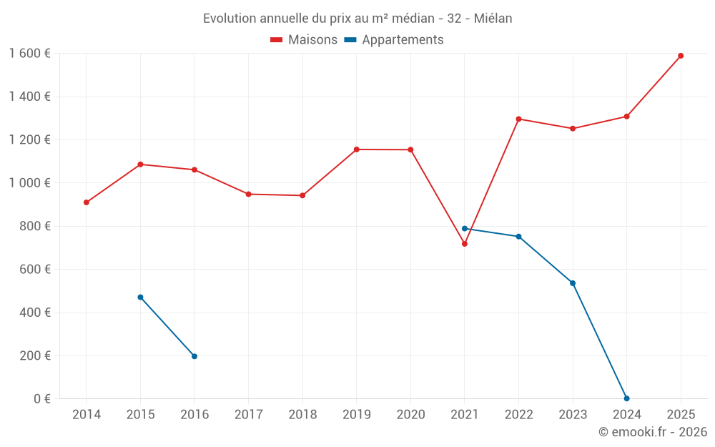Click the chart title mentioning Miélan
(x=357, y=19)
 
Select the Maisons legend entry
(x=304, y=40)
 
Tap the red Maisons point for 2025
(x=681, y=56)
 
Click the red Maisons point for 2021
(x=465, y=244)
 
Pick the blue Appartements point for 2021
(x=465, y=229)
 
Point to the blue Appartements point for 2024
(x=627, y=398)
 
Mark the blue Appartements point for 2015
(x=140, y=298)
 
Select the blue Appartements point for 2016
(x=194, y=356)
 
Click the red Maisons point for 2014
(x=87, y=202)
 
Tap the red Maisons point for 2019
(x=357, y=149)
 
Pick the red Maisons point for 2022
(x=518, y=119)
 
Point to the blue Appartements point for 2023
(x=573, y=283)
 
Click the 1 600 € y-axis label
(x=29, y=54)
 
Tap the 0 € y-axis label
(x=41, y=399)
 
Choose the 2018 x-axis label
(x=302, y=415)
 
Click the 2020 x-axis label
(x=410, y=415)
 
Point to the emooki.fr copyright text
(x=653, y=432)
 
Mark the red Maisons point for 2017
(x=248, y=194)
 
